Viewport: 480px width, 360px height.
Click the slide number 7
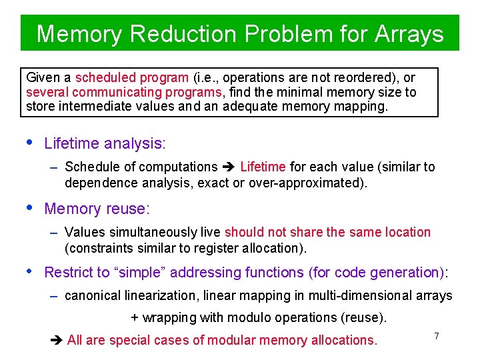click(437, 336)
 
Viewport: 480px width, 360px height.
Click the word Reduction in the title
click(181, 33)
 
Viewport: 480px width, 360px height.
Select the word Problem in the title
click(294, 33)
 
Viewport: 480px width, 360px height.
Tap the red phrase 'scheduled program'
click(133, 78)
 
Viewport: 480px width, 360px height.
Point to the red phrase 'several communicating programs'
click(124, 92)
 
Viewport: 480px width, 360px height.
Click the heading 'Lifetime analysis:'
click(104, 143)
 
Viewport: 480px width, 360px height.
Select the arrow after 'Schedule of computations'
click(229, 167)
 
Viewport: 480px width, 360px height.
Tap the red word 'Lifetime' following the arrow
click(263, 167)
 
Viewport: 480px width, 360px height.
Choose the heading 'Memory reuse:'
click(97, 209)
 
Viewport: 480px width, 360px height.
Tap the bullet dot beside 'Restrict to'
click(28, 271)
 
